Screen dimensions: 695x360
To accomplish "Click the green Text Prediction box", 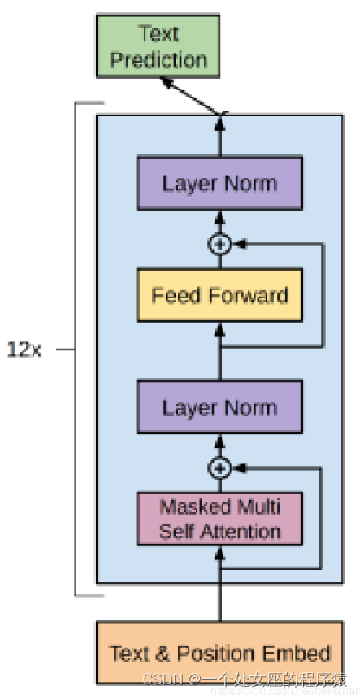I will (x=159, y=47).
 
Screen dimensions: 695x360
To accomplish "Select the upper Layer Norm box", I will (x=219, y=183).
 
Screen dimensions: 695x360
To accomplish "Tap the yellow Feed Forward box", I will (x=219, y=294).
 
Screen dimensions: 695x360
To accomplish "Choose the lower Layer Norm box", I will (x=219, y=407).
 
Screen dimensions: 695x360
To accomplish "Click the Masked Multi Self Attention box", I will (x=219, y=519).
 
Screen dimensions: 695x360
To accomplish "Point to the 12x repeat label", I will (x=24, y=351).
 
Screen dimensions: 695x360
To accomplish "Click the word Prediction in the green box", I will (x=159, y=59).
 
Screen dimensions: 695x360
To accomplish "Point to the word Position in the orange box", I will (x=215, y=653).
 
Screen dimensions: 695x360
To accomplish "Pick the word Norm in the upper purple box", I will (x=249, y=183).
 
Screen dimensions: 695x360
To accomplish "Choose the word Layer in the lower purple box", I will (x=188, y=407).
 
